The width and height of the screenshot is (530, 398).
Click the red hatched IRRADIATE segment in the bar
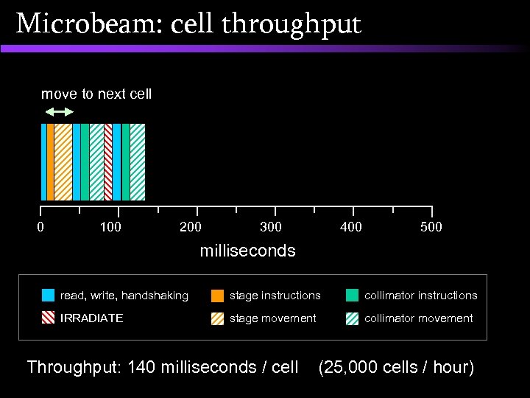coord(108,162)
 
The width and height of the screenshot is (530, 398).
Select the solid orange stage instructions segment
coord(50,162)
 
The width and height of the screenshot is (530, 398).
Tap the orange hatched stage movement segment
coord(63,162)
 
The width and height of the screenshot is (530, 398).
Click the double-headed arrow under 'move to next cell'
coord(60,112)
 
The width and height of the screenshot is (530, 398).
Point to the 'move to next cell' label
coord(96,94)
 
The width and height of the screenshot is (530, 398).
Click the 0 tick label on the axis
coord(40,227)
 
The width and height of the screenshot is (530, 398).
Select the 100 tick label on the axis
coord(110,227)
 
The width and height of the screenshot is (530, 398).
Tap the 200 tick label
coord(191,227)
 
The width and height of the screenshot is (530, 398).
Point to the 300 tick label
coord(271,227)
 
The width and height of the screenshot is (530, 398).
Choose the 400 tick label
coord(351,227)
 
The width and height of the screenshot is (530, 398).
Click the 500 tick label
coord(431,227)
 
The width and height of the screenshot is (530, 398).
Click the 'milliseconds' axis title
coord(248,251)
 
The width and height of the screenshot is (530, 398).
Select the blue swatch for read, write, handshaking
coord(48,296)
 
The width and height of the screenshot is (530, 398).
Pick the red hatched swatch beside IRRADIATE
coord(48,318)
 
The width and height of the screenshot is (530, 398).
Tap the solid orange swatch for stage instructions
coord(217,296)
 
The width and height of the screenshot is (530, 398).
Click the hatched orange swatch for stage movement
coord(217,318)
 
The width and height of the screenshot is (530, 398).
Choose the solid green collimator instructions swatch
coord(352,296)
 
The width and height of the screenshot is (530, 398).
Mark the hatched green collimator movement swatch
coord(352,318)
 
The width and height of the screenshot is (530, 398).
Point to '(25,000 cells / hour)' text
coord(396,367)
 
